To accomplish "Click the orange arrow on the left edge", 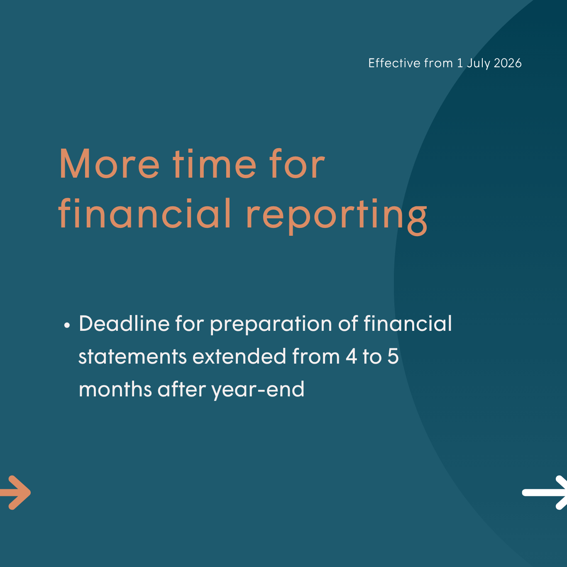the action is tap(15, 492).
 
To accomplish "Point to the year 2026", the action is tap(508, 63).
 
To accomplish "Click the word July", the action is tap(479, 64).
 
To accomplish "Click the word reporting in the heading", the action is tap(337, 217).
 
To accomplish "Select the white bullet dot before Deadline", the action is tap(67, 325).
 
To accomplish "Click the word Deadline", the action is tap(124, 323).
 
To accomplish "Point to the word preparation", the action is tap(271, 325).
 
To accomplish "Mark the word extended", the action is tap(239, 356).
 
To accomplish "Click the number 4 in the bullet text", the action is tap(351, 356).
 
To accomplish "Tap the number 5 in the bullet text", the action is tap(393, 356).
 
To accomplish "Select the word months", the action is tap(115, 389).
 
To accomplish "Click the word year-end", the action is tap(258, 390).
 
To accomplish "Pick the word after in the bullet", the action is tap(181, 389).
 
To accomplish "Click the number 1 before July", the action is tap(460, 63).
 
